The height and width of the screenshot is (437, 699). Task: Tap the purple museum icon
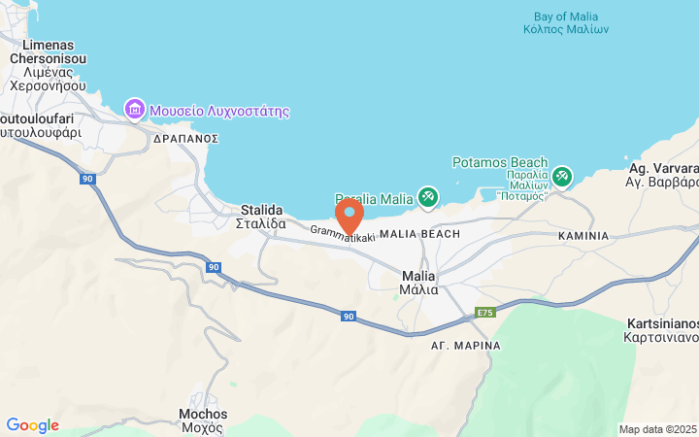(x=135, y=110)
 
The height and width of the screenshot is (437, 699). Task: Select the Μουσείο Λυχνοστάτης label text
(x=219, y=111)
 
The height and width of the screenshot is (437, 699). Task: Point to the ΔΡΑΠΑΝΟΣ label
(x=186, y=139)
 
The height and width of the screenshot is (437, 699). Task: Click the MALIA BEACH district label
(x=419, y=235)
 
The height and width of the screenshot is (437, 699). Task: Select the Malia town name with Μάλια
(x=418, y=282)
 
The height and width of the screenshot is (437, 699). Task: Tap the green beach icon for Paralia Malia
(x=427, y=197)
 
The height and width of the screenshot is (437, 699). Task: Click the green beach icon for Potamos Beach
(x=561, y=177)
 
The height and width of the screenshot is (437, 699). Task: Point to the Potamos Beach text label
(x=500, y=162)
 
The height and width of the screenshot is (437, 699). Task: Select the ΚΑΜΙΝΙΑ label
(x=583, y=236)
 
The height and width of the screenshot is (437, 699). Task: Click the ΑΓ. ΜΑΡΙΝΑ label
(x=467, y=346)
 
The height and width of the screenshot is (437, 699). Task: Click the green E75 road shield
(x=485, y=313)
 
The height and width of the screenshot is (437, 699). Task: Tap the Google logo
(x=32, y=425)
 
